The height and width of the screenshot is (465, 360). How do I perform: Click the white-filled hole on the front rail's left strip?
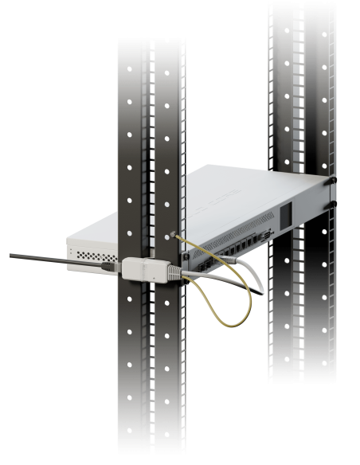(x=127, y=234)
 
